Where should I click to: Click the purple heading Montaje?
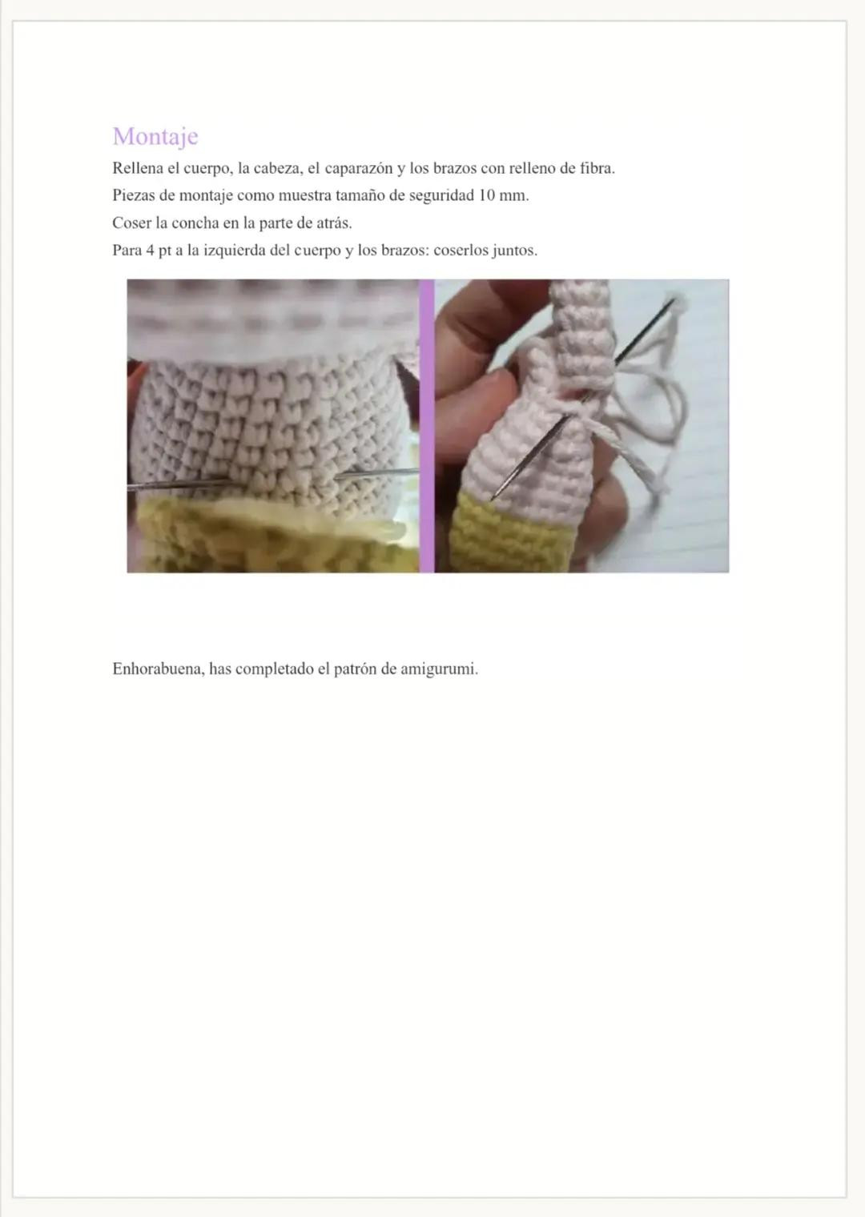coord(155,136)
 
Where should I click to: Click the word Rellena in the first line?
coord(138,168)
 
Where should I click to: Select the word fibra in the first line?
coord(596,168)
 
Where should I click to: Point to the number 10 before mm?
coord(486,195)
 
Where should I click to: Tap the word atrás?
coord(333,223)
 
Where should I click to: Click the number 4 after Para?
coord(150,250)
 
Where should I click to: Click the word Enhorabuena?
coord(157,669)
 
